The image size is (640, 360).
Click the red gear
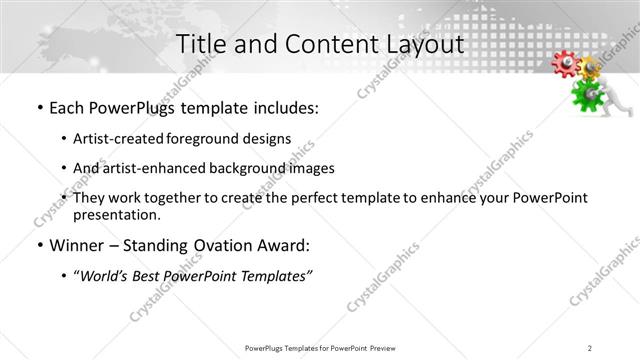point(566,64)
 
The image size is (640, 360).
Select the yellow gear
point(591,68)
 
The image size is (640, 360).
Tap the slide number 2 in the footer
point(590,347)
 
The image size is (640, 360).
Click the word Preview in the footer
point(389,347)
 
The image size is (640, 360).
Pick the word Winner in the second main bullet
point(76,245)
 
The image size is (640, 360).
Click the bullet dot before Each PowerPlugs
point(39,108)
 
